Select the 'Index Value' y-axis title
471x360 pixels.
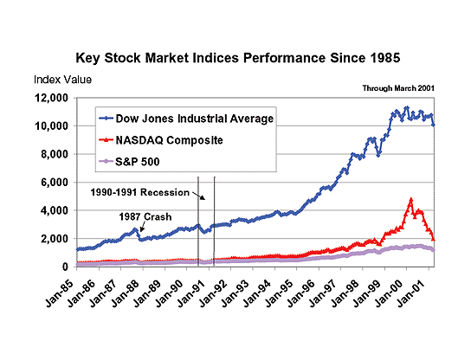coord(62,80)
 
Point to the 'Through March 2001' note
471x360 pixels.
coord(398,88)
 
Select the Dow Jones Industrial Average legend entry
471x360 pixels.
coord(186,119)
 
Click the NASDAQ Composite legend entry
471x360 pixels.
coord(161,140)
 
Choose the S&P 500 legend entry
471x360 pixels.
coord(129,162)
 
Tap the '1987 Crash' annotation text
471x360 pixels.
coord(145,217)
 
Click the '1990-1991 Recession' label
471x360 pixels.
coord(140,192)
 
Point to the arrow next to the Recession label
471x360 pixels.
coord(199,196)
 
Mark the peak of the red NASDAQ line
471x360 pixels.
coord(411,199)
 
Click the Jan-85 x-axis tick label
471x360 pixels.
coord(60,293)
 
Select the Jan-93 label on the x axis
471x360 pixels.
coord(236,293)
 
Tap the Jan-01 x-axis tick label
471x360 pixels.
coord(412,293)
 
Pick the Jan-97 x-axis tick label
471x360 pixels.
coord(324,293)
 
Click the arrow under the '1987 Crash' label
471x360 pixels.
coord(142,228)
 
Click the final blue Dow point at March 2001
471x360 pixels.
coord(433,125)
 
